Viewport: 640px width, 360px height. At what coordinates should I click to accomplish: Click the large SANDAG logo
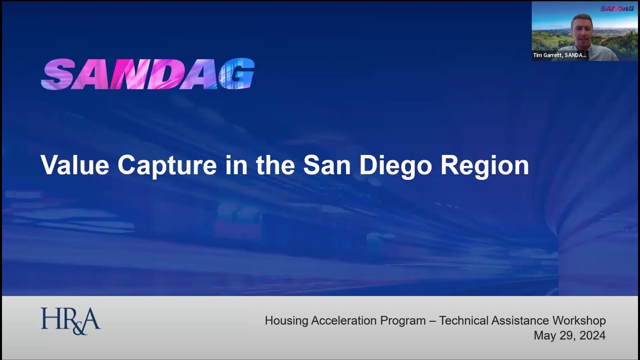(147, 74)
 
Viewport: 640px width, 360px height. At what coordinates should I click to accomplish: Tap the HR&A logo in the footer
(70, 320)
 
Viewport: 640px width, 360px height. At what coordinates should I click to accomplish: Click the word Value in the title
(74, 165)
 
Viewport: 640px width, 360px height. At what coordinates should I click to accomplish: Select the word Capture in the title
(167, 165)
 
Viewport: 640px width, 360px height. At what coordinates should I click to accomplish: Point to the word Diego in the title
(395, 165)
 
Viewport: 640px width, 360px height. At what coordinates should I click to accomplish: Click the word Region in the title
(484, 165)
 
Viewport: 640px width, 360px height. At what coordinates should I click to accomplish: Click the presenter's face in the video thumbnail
(581, 30)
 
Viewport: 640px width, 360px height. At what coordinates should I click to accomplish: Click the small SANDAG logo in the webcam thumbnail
(617, 8)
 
